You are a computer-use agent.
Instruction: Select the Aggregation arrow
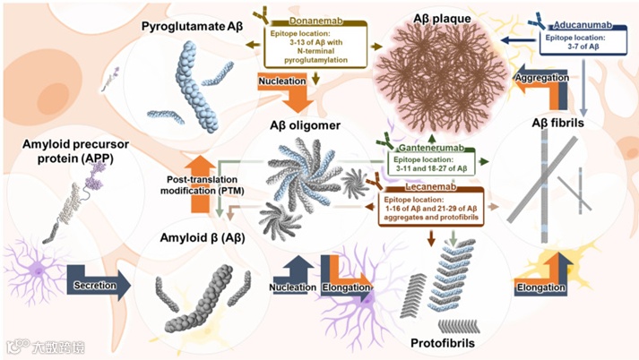541,79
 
